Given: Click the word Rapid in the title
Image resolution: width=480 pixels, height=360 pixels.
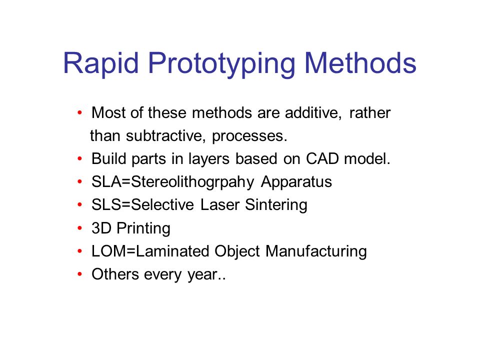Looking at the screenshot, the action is (x=101, y=63).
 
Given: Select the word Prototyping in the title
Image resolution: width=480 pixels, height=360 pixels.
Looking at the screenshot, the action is (x=221, y=63).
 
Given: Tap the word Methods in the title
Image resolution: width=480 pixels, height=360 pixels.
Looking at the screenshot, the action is (x=360, y=63).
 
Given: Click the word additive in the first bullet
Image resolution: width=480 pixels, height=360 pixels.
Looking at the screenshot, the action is (x=313, y=112).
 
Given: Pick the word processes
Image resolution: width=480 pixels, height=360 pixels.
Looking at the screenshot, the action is (x=249, y=136).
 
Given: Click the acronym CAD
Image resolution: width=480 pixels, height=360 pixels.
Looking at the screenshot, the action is (x=322, y=158).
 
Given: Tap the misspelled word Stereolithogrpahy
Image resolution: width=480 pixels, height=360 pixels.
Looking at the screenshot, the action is (x=192, y=182).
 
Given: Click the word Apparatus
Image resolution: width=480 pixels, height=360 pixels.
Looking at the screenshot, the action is (x=296, y=182).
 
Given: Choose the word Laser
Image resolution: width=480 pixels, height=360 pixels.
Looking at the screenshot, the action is (x=220, y=205).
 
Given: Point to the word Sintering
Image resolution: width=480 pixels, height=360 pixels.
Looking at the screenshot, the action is (x=276, y=205).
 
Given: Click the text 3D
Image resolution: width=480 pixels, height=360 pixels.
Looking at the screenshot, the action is (x=101, y=228).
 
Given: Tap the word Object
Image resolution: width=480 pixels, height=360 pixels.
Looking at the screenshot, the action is (x=237, y=252).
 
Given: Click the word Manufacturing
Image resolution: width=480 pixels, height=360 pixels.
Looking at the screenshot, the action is (x=316, y=252).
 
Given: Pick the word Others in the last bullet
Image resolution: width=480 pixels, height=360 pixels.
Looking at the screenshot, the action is (x=115, y=274).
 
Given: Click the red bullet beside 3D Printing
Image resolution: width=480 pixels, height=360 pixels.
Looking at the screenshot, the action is (x=80, y=228).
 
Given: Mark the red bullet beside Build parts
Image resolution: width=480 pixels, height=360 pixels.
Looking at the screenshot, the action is (x=80, y=159).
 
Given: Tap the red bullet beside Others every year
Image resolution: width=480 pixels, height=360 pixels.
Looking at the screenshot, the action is (x=80, y=274).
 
